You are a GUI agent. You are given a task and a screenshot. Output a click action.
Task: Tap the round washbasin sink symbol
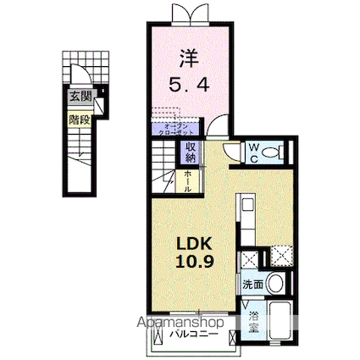click(273, 283)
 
